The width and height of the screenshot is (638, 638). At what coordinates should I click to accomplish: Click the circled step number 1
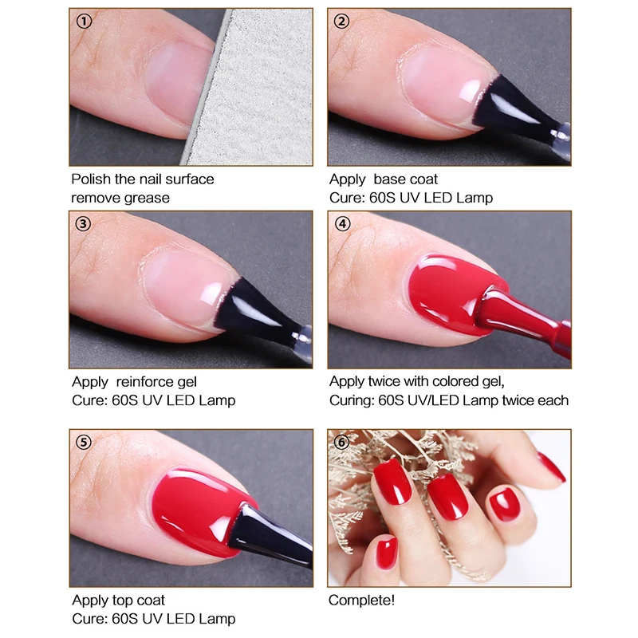[84, 22]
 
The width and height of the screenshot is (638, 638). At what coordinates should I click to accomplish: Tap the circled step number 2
[341, 22]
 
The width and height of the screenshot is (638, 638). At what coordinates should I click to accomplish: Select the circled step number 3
[84, 224]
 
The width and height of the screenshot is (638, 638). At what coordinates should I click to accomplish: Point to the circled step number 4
[341, 224]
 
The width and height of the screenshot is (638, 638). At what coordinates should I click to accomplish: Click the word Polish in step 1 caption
[91, 179]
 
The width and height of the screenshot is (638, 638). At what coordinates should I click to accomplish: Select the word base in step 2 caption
[387, 179]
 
